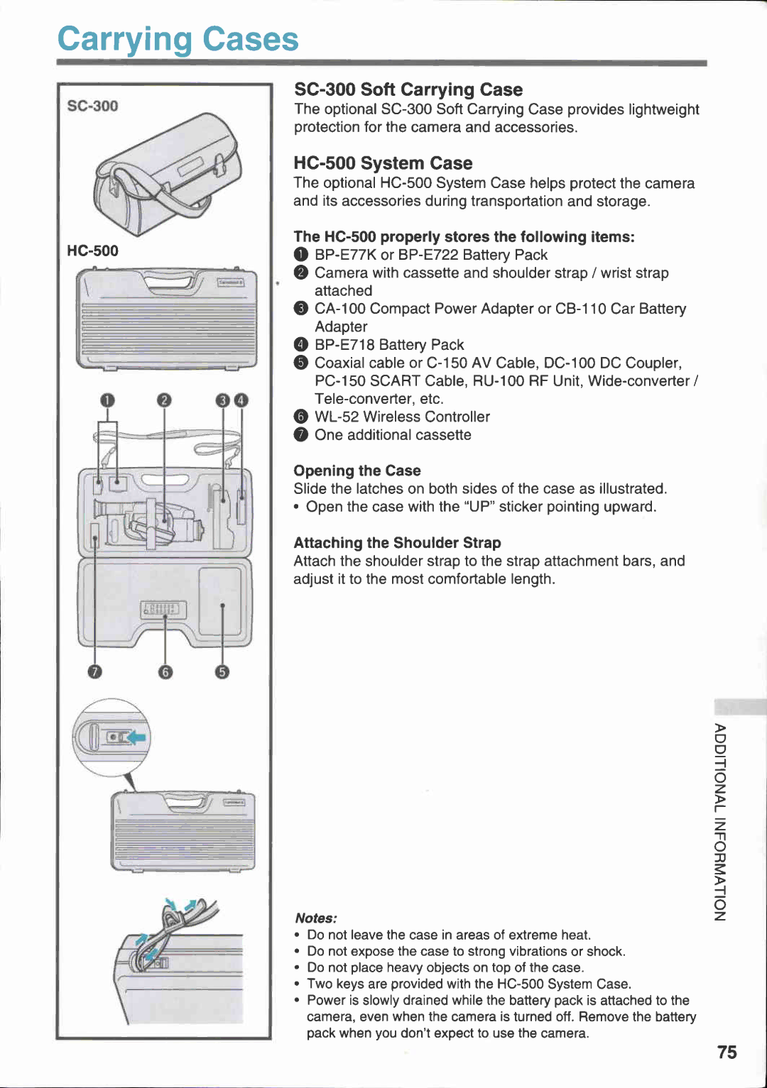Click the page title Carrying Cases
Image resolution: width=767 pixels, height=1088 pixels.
tap(178, 40)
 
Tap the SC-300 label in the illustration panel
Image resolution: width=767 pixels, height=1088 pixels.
tap(92, 106)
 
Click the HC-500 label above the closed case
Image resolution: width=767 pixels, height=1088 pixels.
tap(92, 251)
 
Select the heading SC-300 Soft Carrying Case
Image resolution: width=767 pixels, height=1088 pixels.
tap(408, 89)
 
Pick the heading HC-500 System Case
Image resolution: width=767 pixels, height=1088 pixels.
tap(383, 163)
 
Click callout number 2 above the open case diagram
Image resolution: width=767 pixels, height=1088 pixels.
tap(164, 400)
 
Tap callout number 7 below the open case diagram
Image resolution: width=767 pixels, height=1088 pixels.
tap(94, 671)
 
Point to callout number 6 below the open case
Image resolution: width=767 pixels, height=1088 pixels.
tap(165, 671)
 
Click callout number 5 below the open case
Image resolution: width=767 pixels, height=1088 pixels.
tap(222, 671)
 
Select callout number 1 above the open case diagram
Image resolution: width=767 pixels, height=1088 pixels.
tap(107, 400)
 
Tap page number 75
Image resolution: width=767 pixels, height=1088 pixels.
tap(727, 1052)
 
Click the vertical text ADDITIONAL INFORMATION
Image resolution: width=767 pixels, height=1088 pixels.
tap(720, 821)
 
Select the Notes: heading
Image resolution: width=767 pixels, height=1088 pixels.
tap(316, 918)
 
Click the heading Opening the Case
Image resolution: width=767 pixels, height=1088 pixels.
tap(357, 471)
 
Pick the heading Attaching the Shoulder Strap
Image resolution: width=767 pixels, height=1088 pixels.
tap(397, 543)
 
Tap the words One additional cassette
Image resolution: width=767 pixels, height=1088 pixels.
tap(393, 435)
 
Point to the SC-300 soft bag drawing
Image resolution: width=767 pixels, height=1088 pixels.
tap(167, 174)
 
